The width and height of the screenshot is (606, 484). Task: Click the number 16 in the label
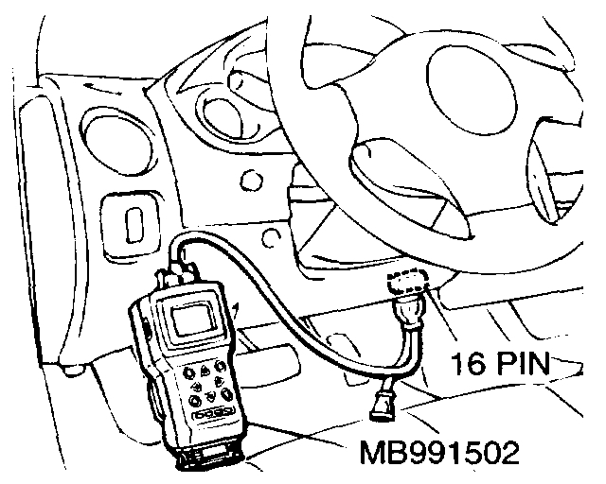471,360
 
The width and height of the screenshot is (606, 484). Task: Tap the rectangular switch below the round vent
134,224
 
